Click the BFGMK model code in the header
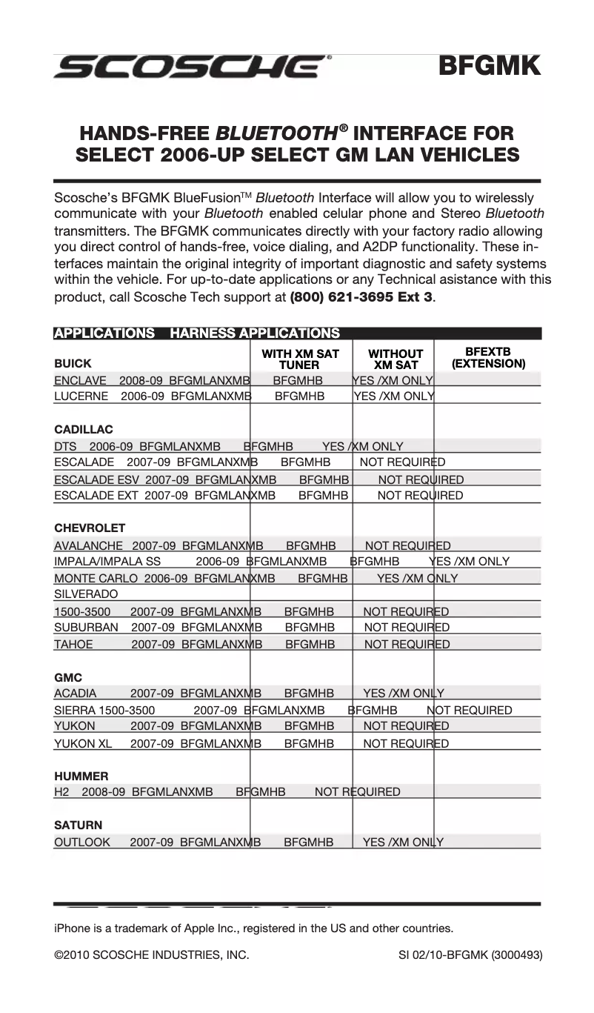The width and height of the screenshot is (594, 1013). click(489, 66)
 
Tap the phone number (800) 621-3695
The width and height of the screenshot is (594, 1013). click(361, 297)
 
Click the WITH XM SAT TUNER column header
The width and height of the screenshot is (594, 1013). click(300, 359)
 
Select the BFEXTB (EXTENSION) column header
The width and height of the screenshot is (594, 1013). click(488, 358)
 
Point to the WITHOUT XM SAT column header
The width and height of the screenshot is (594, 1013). click(396, 359)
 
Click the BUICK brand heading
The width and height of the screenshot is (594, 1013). click(73, 364)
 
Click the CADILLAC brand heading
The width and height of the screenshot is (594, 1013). click(84, 430)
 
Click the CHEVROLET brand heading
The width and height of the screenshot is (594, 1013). click(90, 528)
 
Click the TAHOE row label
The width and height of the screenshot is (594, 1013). click(73, 645)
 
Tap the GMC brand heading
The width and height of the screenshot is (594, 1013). click(68, 678)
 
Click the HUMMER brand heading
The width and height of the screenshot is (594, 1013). click(81, 777)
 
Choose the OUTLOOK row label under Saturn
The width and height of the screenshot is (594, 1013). click(81, 843)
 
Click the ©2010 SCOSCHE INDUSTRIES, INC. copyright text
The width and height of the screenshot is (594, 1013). click(151, 956)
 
